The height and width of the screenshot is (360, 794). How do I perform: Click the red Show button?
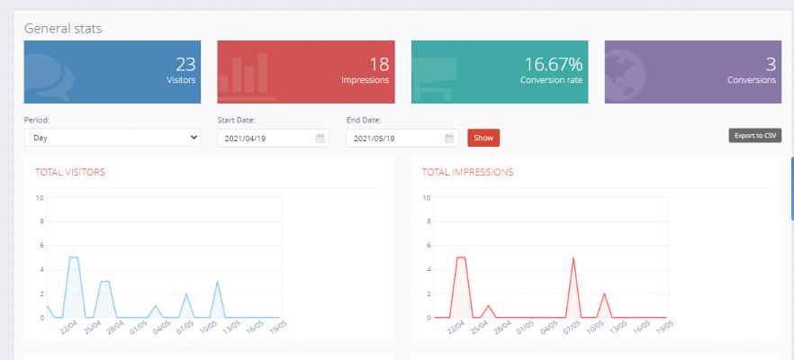(483, 138)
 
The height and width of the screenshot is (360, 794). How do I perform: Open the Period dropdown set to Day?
(112, 138)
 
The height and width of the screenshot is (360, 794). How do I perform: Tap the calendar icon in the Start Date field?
(320, 139)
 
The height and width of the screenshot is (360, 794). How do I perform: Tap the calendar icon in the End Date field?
(449, 139)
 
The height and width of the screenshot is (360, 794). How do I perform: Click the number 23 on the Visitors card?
(185, 64)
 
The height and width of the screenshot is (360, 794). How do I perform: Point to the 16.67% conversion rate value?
(553, 64)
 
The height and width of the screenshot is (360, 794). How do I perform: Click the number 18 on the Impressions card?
(379, 64)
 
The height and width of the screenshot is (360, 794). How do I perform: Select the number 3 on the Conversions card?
(771, 64)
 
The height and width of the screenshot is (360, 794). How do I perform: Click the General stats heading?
(63, 28)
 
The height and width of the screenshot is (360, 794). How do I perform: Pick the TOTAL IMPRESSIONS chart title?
(467, 171)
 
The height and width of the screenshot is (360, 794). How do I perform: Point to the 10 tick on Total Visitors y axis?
(39, 198)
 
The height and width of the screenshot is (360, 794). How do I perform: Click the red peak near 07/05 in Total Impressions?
(573, 258)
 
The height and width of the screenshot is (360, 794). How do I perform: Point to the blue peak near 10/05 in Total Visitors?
(217, 282)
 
